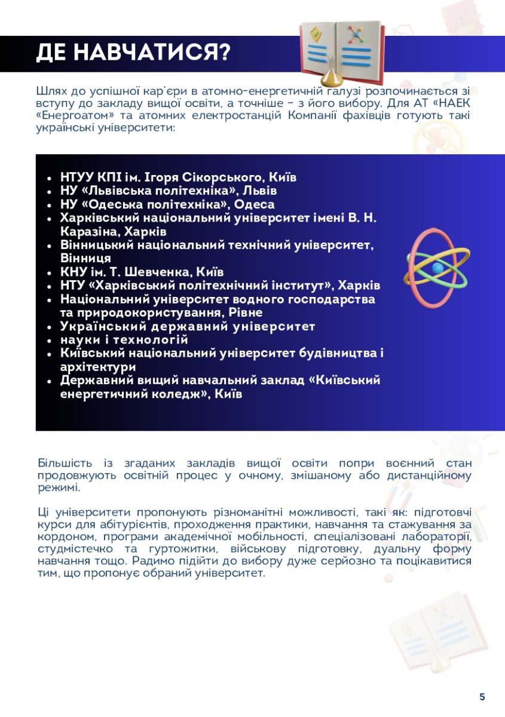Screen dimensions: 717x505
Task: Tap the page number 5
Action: pyautogui.click(x=482, y=697)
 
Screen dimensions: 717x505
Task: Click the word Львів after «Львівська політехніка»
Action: pyautogui.click(x=264, y=191)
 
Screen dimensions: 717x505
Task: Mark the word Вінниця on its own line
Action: pyautogui.click(x=85, y=258)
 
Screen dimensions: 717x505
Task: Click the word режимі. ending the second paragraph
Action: pyautogui.click(x=58, y=488)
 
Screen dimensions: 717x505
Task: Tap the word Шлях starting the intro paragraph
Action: pyautogui.click(x=52, y=91)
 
